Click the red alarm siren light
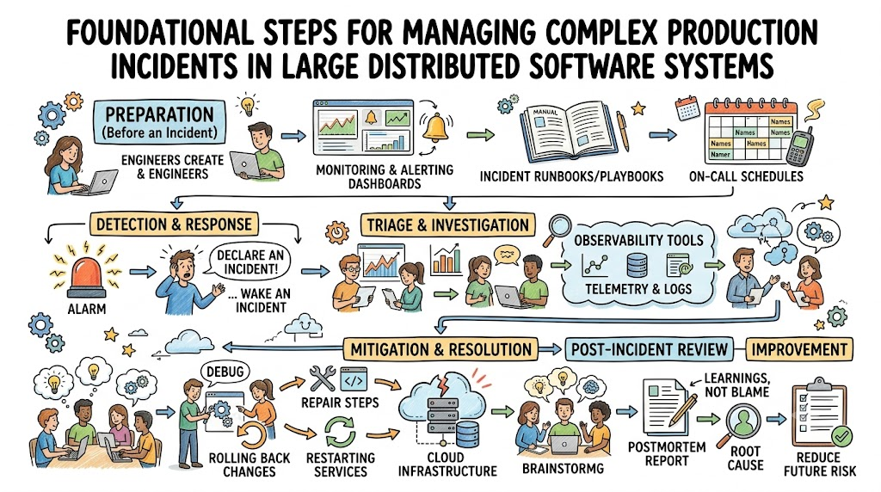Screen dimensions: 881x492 click(x=87, y=276)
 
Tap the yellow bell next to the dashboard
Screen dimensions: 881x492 click(x=436, y=128)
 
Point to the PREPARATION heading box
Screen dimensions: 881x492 click(x=160, y=122)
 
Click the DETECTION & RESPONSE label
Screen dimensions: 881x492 click(x=174, y=224)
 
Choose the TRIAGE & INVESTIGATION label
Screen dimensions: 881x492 click(x=447, y=225)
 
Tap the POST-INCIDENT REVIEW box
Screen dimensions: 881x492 click(x=649, y=349)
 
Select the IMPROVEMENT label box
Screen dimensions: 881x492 click(x=799, y=349)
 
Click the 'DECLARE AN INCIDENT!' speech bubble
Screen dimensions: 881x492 click(x=250, y=261)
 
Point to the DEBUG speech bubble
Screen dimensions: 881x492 click(x=225, y=372)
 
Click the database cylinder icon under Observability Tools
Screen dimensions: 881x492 click(x=637, y=265)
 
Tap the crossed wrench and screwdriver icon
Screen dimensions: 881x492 click(x=322, y=378)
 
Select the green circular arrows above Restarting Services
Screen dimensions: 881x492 click(x=340, y=431)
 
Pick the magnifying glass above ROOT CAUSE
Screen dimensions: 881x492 click(x=742, y=422)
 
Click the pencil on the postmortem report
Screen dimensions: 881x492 click(x=684, y=408)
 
